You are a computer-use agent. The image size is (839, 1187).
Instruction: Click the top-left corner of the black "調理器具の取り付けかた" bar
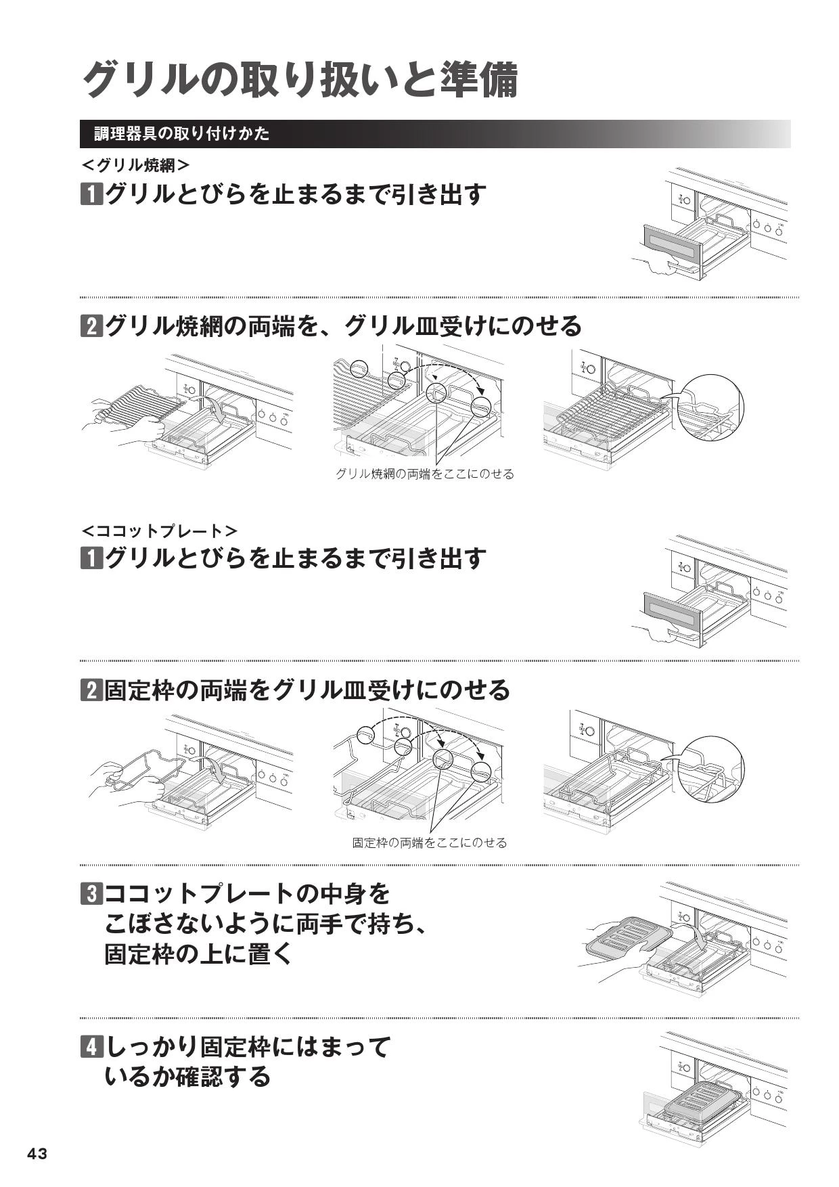(80, 120)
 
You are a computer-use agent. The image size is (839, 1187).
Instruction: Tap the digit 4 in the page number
(32, 1154)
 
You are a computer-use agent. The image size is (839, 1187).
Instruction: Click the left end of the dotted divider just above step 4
(80, 1018)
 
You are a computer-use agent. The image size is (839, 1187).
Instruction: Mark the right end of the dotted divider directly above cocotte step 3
(799, 865)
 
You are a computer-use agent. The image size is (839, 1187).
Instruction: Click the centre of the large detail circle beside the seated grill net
(710, 406)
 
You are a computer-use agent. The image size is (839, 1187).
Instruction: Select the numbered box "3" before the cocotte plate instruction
(91, 894)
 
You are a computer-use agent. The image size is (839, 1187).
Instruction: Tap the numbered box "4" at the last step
(91, 1048)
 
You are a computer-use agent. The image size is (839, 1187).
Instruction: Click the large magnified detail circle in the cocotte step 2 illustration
(710, 768)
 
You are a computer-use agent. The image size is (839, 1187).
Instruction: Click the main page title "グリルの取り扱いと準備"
(299, 79)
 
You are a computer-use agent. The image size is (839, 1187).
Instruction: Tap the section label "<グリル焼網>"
(135, 165)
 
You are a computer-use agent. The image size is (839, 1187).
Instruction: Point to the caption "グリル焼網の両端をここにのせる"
(425, 474)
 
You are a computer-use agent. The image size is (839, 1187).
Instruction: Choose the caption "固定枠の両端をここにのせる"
(429, 843)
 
